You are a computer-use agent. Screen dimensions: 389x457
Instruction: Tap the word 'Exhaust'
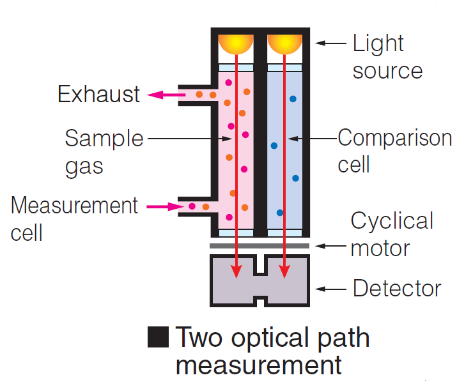tap(98, 95)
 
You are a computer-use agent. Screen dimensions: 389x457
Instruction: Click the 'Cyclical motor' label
tap(392, 234)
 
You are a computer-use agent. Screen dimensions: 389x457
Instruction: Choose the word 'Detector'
tap(397, 288)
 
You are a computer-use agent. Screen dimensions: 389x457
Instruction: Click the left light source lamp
tap(236, 43)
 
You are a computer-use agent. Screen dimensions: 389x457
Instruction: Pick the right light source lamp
tap(285, 43)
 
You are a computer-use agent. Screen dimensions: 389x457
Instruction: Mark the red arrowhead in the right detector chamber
tap(285, 272)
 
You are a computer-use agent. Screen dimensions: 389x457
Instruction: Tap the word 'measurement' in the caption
tap(258, 365)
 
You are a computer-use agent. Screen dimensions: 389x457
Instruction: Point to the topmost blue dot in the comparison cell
tap(293, 99)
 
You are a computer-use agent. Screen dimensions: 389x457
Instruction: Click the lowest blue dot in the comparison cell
tap(279, 212)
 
